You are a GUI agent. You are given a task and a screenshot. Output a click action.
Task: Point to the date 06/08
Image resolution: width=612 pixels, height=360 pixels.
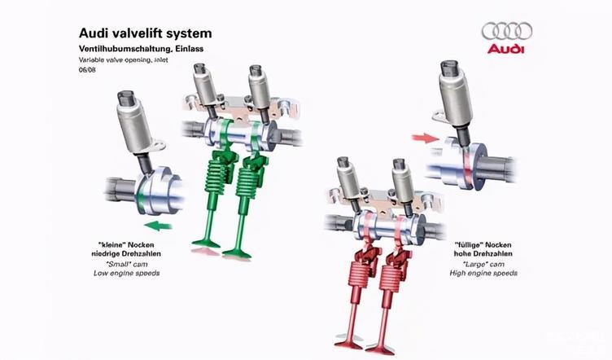tap(87, 70)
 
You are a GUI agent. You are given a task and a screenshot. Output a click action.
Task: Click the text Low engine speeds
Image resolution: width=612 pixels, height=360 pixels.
tap(129, 274)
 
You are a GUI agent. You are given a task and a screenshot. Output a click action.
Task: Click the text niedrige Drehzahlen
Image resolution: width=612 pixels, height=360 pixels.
tap(129, 254)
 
